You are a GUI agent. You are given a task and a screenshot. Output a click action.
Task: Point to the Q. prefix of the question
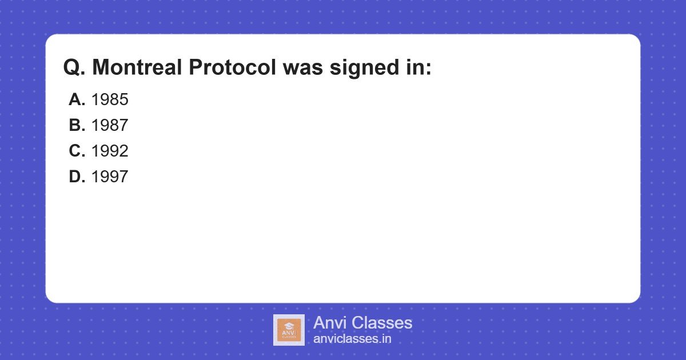[x=74, y=67]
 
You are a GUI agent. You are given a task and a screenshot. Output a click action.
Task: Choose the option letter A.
[x=77, y=99]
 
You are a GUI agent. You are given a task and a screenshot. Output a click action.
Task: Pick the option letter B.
[x=77, y=125]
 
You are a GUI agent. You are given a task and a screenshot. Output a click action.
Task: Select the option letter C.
[x=77, y=151]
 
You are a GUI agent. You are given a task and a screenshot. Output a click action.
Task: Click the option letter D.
[x=77, y=177]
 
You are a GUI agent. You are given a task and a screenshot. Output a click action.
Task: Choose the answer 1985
[x=110, y=99]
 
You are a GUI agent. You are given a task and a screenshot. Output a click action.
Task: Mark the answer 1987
[x=110, y=125]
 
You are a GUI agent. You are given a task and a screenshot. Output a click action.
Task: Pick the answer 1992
[x=110, y=151]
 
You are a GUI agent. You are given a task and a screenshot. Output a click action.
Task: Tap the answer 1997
[x=110, y=177]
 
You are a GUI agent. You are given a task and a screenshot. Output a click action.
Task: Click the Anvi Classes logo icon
[x=289, y=330]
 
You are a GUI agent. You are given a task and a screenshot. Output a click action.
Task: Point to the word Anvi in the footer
[x=330, y=323]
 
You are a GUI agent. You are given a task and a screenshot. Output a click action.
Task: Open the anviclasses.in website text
[x=352, y=339]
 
